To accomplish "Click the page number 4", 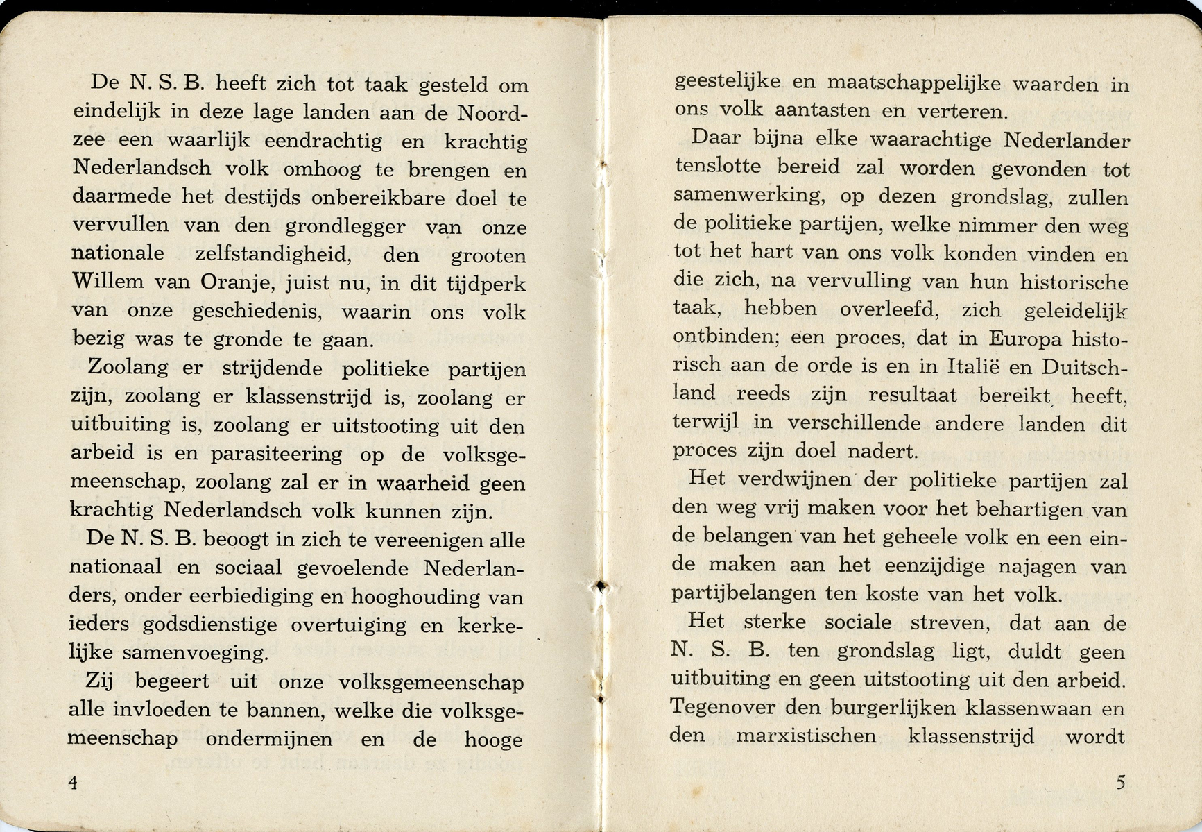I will (x=73, y=782).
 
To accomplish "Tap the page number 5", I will (x=1121, y=782).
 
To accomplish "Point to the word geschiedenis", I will (x=256, y=312).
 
